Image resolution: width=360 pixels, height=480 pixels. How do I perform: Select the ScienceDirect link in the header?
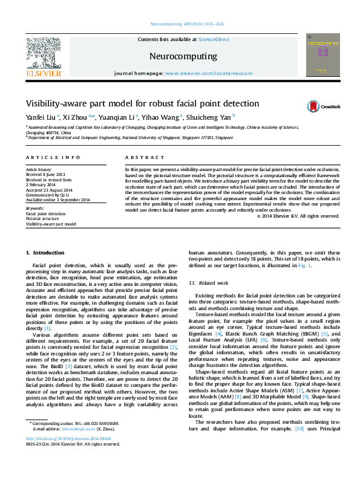click(215, 39)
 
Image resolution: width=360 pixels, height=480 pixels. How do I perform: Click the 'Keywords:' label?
click(34, 208)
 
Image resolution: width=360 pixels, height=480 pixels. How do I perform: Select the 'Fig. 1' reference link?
click(303, 265)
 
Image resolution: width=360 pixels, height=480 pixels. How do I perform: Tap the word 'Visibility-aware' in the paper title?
click(56, 103)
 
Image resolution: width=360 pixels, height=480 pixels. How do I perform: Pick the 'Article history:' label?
click(39, 170)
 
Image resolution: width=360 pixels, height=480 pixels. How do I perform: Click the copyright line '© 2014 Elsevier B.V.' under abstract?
click(298, 216)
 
